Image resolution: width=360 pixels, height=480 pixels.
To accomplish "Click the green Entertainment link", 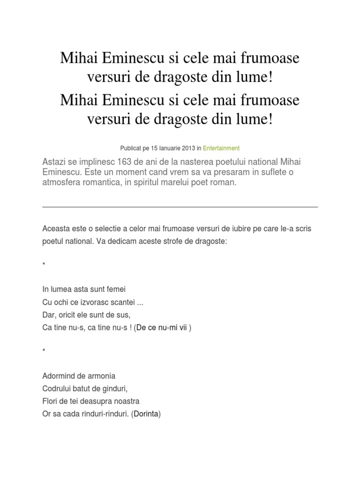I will pos(221,148).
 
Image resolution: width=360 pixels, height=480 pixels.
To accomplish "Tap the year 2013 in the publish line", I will pos(188,148).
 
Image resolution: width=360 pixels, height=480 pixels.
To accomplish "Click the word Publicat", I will pos(132,148).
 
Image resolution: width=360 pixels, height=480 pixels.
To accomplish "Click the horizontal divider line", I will pos(180,207).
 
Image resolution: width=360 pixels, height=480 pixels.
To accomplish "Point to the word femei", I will pos(116,289).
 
